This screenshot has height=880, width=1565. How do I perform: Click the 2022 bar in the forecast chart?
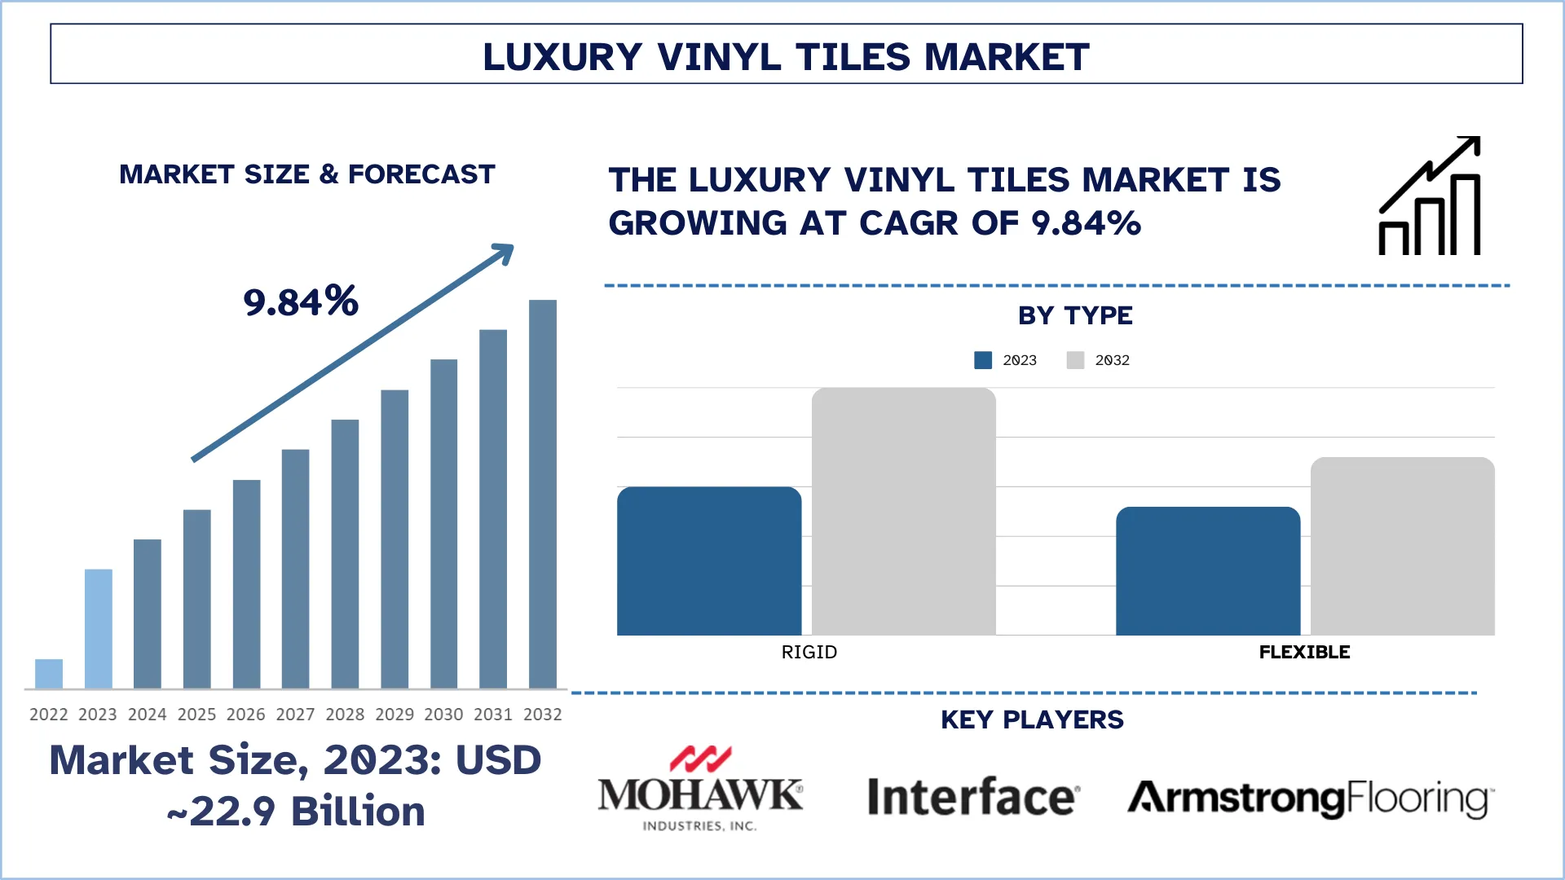point(49,674)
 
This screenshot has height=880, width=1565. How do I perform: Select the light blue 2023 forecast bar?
point(99,628)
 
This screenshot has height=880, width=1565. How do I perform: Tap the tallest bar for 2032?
point(543,494)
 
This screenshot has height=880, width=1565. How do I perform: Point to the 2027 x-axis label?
point(295,715)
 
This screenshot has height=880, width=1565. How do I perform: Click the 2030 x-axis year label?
point(443,715)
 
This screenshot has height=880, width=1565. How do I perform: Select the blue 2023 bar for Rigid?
point(709,561)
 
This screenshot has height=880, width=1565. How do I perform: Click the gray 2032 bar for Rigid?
point(903,512)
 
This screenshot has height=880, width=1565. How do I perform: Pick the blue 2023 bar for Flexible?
point(1208,571)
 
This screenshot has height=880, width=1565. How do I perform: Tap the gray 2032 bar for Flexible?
point(1402,547)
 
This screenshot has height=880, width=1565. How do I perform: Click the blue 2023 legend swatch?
point(983,360)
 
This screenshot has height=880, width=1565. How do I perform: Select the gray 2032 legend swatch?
point(1075,360)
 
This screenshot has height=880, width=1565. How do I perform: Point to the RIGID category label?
point(809,652)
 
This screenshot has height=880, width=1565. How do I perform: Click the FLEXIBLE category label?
point(1304,652)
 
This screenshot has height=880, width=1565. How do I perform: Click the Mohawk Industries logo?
point(700,789)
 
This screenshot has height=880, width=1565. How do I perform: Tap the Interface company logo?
point(973,797)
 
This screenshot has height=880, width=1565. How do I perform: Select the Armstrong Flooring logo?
point(1311,799)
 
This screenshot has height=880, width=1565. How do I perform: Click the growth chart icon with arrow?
point(1430,196)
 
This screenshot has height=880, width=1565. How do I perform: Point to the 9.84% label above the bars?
point(301,301)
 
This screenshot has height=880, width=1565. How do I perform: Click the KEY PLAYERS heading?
point(1032,719)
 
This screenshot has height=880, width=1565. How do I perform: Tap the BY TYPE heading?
point(1075,315)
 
